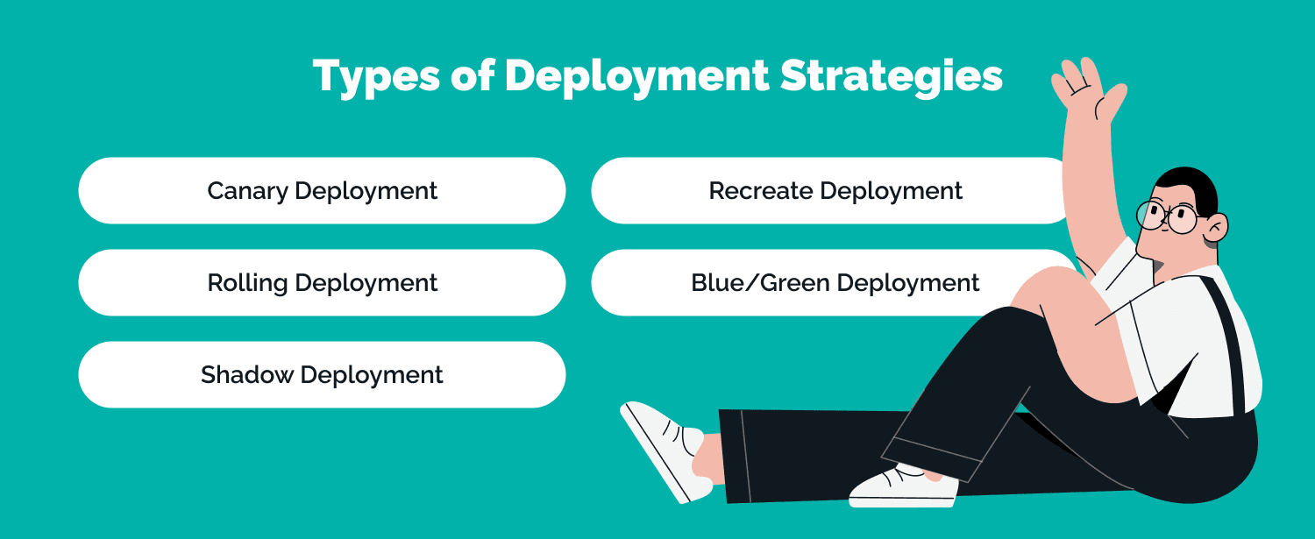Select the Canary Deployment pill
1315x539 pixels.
322,191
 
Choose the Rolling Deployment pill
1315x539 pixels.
322,283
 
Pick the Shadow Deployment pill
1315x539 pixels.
322,374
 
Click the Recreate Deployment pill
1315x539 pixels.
831,191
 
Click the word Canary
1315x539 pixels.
248,192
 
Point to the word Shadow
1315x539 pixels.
247,374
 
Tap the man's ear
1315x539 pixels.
1216,227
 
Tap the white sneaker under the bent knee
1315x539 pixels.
903,487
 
